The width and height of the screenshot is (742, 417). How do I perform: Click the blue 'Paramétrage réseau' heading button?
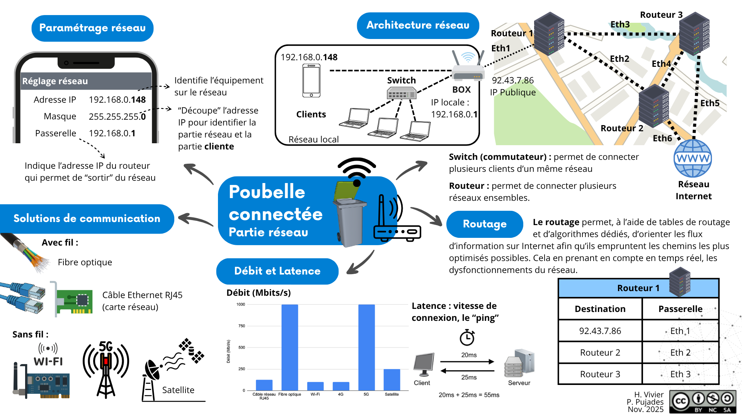(x=92, y=28)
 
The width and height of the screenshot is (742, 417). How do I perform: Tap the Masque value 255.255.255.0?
(x=117, y=117)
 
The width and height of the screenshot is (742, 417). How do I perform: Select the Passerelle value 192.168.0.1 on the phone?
(x=112, y=134)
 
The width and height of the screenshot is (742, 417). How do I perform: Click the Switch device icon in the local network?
(x=402, y=93)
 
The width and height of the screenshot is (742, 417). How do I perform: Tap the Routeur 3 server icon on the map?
(x=694, y=34)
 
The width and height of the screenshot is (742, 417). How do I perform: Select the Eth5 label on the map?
(x=710, y=103)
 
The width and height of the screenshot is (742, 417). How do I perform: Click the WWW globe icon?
(x=693, y=159)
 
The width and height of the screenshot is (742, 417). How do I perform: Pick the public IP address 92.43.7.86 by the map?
(x=512, y=81)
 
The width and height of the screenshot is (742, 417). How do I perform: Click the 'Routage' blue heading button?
(x=485, y=224)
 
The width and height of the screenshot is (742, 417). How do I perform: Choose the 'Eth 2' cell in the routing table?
(x=680, y=353)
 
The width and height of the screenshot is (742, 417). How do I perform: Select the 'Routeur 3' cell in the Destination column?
(x=600, y=374)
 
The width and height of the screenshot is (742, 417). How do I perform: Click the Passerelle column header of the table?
(x=680, y=309)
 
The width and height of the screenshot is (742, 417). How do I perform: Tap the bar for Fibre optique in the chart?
(x=289, y=347)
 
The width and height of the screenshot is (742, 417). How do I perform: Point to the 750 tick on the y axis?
(x=242, y=326)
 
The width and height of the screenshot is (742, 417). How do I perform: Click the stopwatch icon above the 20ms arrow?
(x=467, y=337)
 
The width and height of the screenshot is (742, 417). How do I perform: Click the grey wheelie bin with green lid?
(x=349, y=216)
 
